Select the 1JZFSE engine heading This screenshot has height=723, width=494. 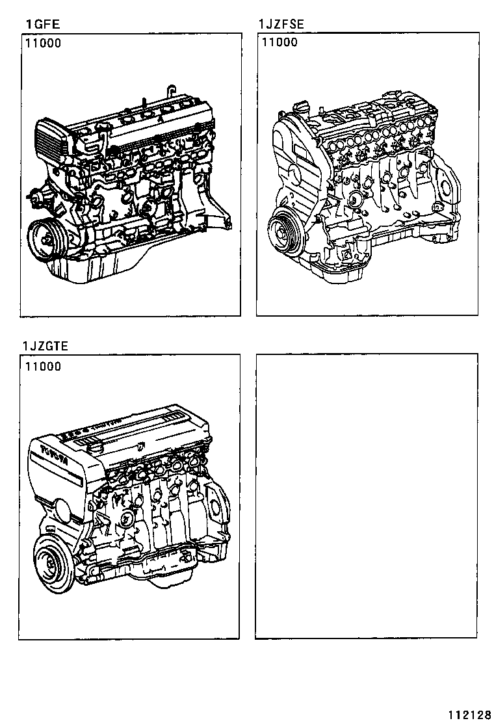point(281,26)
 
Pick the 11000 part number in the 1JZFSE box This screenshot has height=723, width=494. point(279,43)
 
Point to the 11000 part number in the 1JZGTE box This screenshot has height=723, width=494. point(43,367)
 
